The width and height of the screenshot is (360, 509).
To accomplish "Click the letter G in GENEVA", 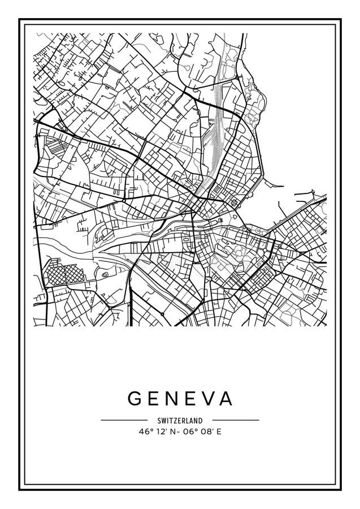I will tap(135, 399).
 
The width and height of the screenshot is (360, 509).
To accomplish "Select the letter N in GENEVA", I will tap(170, 399).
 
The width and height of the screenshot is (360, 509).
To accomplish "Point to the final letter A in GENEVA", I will tap(225, 399).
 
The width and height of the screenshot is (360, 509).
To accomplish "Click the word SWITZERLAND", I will tap(180, 420).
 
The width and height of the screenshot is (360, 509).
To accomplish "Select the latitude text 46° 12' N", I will tap(157, 430).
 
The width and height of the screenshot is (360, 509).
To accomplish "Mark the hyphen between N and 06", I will tap(180, 430).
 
